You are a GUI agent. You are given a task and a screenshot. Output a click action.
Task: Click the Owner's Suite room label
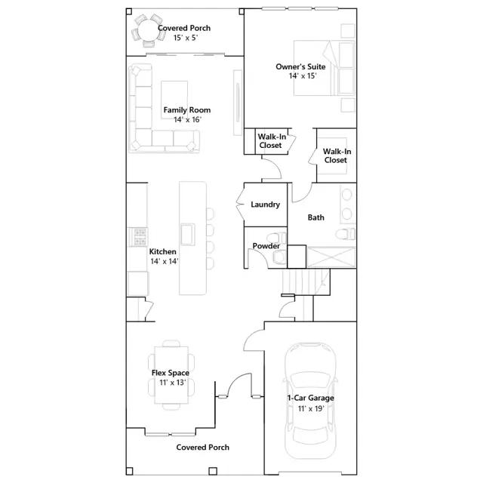coord(300,67)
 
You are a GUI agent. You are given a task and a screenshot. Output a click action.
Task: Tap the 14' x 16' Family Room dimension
coord(187,119)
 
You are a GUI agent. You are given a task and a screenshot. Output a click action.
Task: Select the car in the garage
coord(310,401)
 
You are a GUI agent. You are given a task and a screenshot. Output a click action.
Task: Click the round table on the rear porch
coord(149,30)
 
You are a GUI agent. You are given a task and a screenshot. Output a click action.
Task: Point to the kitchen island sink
coord(188,235)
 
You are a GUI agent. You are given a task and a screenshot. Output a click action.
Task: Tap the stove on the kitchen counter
coord(137,237)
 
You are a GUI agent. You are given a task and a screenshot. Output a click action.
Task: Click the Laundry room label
coord(265,205)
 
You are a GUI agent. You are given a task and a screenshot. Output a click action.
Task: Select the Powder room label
coord(266,246)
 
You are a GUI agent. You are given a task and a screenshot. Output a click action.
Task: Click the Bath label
coord(315,217)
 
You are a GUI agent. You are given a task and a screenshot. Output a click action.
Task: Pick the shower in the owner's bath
coord(331,257)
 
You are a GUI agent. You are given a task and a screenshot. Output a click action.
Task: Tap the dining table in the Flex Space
coord(171,374)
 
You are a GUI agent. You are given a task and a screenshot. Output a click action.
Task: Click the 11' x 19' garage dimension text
coord(311,408)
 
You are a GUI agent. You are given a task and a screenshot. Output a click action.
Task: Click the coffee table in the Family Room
coord(174,100)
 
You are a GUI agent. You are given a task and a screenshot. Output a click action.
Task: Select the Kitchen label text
coord(163,251)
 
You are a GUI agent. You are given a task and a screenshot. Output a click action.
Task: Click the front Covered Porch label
coord(203,448)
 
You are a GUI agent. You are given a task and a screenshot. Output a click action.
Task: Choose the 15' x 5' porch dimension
coord(186,38)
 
